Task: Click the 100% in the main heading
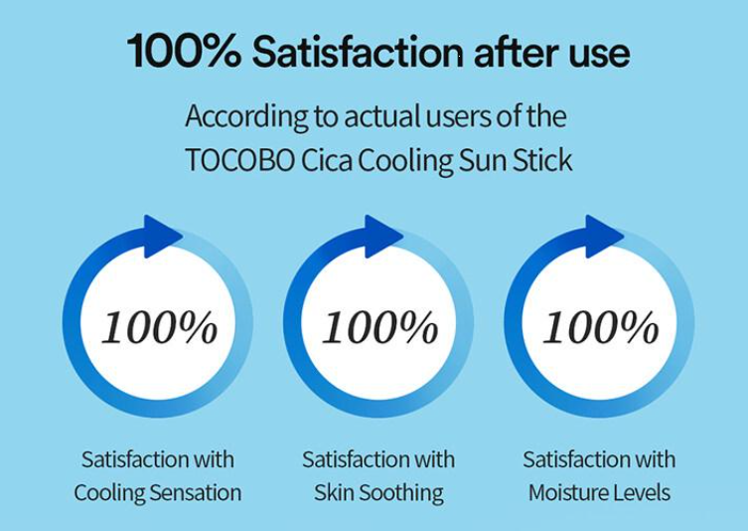[x=184, y=51]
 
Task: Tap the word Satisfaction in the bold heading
[x=358, y=51]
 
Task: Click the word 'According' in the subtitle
[x=246, y=116]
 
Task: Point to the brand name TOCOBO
[x=239, y=160]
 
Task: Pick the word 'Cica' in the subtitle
[x=327, y=160]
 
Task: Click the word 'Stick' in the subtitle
[x=542, y=159]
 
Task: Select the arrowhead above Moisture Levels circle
[x=604, y=237]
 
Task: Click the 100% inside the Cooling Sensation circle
[x=159, y=327]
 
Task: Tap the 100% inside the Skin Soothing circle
[x=380, y=327]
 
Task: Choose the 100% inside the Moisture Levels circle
[x=601, y=327]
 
